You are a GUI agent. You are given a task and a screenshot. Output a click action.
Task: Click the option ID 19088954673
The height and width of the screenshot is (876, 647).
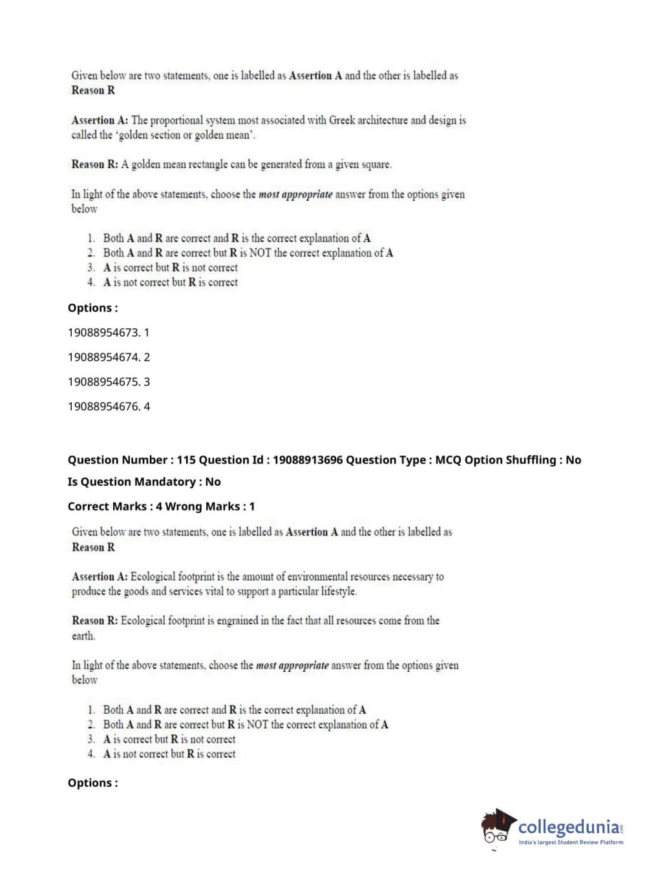coord(103,333)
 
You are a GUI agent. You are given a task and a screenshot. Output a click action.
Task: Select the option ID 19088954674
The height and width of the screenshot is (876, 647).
coord(103,357)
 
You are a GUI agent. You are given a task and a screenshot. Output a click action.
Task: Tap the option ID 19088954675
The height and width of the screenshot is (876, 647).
coord(103,382)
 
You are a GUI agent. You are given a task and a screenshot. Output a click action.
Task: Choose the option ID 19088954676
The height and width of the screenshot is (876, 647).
coord(103,406)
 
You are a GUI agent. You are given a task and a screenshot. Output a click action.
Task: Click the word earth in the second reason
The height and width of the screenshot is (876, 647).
coord(83,636)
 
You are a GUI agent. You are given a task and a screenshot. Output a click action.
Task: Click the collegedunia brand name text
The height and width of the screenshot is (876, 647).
coord(569,827)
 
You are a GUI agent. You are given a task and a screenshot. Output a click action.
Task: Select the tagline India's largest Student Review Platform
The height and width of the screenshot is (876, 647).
coord(571,842)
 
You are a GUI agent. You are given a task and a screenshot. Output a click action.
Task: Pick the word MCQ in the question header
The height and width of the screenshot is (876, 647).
coord(449,460)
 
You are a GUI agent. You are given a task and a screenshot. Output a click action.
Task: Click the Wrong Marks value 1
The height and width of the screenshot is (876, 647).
coord(252,506)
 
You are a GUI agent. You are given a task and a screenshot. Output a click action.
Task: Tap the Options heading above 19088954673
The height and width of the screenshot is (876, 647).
coord(93,308)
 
